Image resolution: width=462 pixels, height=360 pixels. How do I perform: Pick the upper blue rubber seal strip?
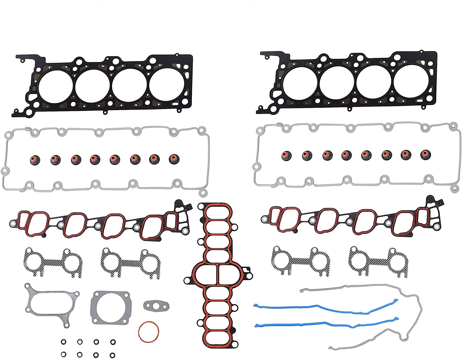323,306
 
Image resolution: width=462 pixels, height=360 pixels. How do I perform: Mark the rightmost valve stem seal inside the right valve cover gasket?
426,155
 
